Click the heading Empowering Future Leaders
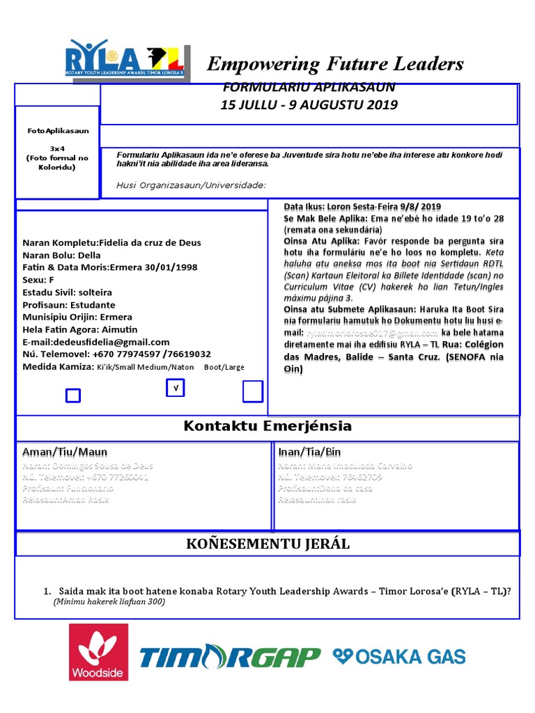[335, 64]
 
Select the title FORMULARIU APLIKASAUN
[309, 87]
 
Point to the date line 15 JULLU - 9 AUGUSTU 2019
[309, 105]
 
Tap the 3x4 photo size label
[58, 149]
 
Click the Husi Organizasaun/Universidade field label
[191, 185]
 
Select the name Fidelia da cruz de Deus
[150, 242]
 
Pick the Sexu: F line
[38, 279]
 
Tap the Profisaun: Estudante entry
[69, 305]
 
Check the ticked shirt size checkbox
[175, 389]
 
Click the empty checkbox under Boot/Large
[252, 392]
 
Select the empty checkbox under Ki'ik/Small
[72, 395]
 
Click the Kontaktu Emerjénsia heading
[267, 426]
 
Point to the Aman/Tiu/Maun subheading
[65, 452]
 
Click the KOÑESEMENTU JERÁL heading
[267, 544]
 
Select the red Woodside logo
[98, 652]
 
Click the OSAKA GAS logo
[398, 656]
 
